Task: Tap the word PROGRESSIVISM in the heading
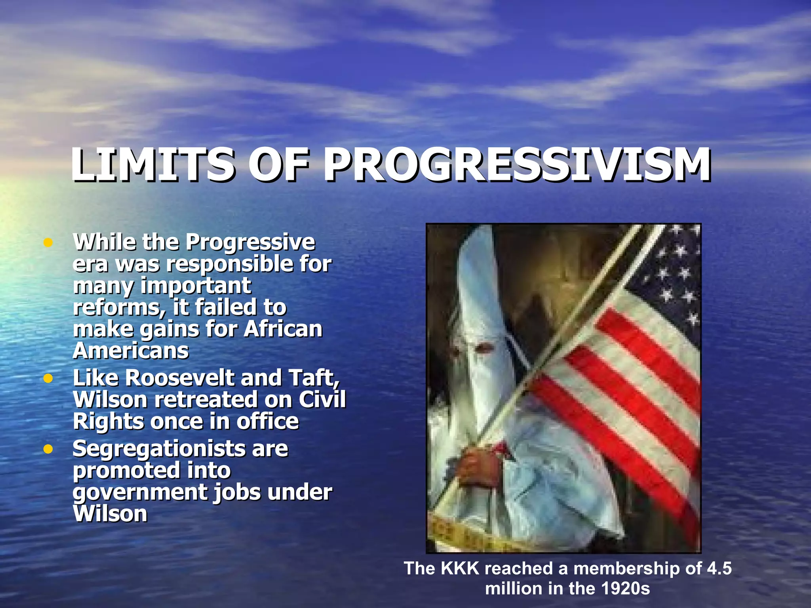(x=517, y=165)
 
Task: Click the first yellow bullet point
(x=48, y=243)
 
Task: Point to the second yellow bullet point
(x=48, y=379)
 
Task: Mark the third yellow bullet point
(x=48, y=449)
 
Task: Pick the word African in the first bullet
(x=283, y=329)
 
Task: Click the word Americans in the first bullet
(x=131, y=351)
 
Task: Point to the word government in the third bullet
(x=139, y=493)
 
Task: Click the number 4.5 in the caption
(x=719, y=568)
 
